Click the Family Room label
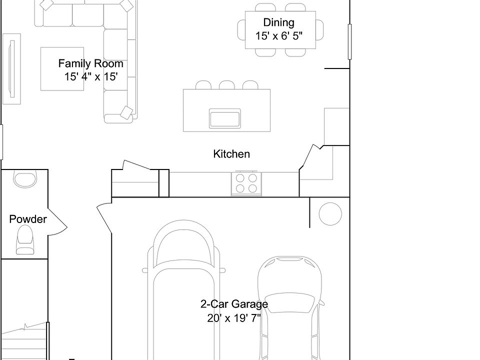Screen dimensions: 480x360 [x=90, y=63]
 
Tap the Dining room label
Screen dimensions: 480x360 [x=279, y=22]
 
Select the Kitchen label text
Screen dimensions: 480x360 [x=231, y=153]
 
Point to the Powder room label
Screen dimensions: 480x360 [x=28, y=219]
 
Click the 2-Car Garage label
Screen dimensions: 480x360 [x=234, y=304]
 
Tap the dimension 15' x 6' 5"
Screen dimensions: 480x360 [x=279, y=36]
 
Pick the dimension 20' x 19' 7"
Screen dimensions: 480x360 [x=234, y=318]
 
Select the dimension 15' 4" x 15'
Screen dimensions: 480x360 [x=91, y=76]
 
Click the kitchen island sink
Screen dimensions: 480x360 [x=224, y=118]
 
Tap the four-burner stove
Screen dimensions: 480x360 [x=246, y=183]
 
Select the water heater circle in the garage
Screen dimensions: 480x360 [x=330, y=214]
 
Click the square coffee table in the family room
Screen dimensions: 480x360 [x=62, y=69]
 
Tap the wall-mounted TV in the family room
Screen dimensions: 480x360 [x=11, y=69]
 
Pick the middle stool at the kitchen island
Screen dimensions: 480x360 [x=227, y=85]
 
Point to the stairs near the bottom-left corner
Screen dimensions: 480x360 [x=24, y=341]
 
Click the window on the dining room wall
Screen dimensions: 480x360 [x=349, y=41]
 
